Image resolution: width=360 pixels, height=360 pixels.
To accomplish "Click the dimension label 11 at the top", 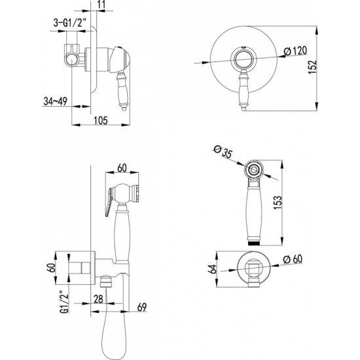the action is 101,5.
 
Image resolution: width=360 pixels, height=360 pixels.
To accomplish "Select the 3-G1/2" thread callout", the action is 69,23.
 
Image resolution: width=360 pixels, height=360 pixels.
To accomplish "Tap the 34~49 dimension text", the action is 55,101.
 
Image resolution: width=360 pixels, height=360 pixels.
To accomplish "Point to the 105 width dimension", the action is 101,120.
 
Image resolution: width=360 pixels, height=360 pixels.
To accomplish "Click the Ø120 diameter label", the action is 295,50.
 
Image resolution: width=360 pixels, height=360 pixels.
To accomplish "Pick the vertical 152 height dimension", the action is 312,67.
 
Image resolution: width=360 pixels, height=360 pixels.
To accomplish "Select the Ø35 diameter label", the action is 223,152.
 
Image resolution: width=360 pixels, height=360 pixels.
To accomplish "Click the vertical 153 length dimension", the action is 278,202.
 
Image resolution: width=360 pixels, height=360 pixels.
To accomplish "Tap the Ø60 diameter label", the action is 293,259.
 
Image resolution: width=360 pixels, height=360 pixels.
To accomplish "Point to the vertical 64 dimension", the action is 213,269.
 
